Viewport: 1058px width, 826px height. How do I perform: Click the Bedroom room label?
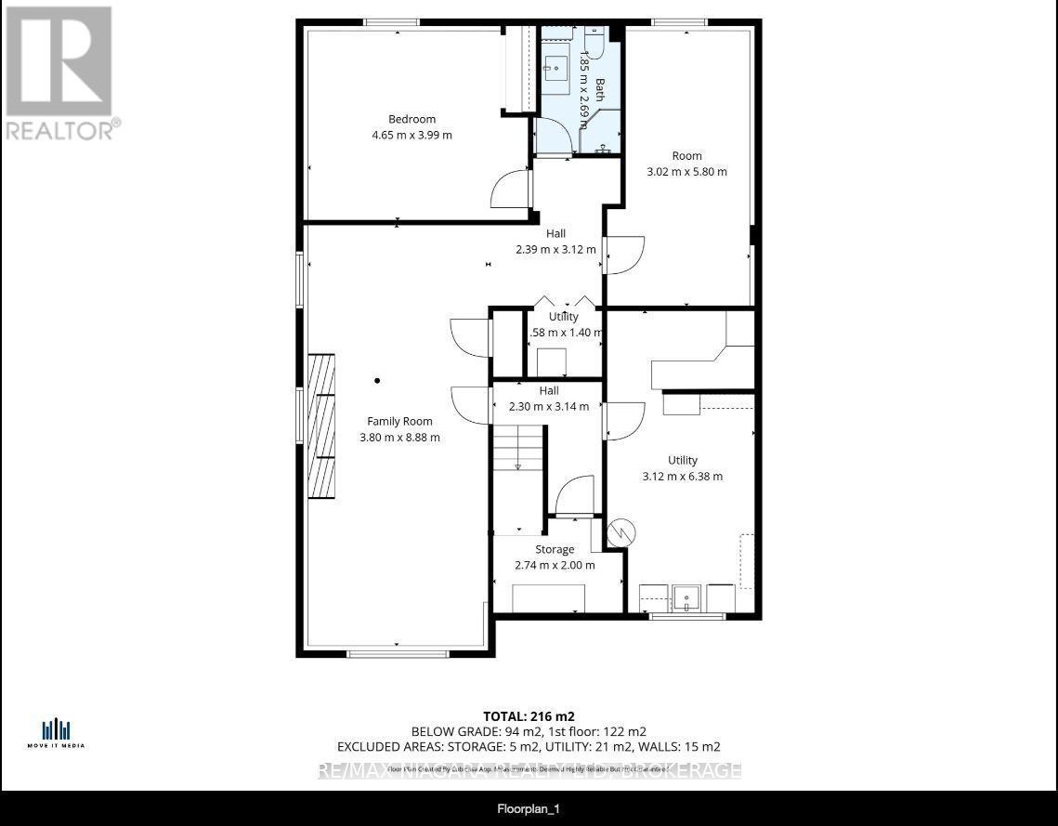(x=411, y=119)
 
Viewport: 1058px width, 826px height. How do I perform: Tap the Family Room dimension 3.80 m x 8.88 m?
(x=399, y=437)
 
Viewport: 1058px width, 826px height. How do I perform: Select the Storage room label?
(x=555, y=549)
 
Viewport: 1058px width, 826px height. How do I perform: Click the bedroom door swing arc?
(x=510, y=190)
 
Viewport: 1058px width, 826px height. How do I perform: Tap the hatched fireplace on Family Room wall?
(x=321, y=426)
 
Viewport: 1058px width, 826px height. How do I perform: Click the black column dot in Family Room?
(x=377, y=380)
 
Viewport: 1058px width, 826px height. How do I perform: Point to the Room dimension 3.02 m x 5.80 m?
(x=686, y=171)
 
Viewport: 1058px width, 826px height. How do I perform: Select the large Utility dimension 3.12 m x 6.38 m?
(x=682, y=476)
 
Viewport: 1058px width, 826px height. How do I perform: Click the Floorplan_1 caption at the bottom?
(x=529, y=809)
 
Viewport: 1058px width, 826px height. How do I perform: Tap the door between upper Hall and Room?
(x=624, y=255)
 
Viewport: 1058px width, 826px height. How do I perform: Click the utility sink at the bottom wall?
(x=687, y=597)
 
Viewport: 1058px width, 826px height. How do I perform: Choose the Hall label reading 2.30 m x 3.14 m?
(x=549, y=406)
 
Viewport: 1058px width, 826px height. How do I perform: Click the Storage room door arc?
(x=577, y=495)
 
